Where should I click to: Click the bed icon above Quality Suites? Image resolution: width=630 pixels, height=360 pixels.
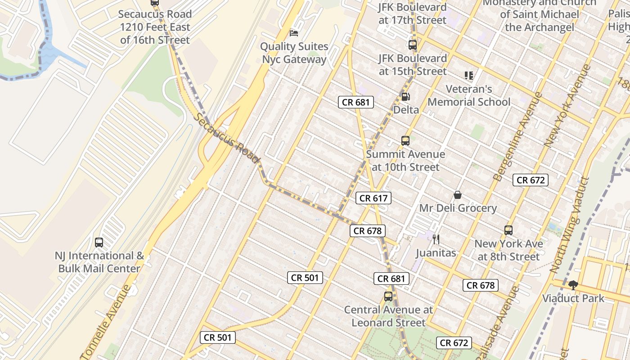[294, 33]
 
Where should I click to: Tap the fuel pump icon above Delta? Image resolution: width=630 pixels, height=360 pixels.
[405, 96]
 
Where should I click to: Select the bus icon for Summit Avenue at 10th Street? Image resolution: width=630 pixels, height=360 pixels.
[405, 141]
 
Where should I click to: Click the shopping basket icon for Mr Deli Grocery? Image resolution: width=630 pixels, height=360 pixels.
[458, 195]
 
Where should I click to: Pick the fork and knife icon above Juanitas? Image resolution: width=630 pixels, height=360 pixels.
[436, 239]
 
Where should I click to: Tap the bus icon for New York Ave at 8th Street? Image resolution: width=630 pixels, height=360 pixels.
[508, 230]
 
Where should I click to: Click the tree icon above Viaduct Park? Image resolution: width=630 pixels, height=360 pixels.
[573, 285]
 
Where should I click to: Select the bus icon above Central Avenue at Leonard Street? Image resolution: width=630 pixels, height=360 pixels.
[388, 297]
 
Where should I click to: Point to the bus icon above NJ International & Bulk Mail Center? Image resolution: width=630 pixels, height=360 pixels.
[99, 243]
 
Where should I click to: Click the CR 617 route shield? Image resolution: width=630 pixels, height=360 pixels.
[373, 198]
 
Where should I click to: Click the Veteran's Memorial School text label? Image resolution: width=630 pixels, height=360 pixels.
[469, 95]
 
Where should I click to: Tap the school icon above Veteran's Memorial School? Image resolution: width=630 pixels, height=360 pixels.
[469, 76]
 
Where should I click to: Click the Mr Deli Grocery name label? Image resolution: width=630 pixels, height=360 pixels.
[458, 208]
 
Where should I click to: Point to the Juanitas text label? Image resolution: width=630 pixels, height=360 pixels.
[436, 253]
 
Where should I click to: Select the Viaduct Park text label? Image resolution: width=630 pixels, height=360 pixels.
[573, 298]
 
